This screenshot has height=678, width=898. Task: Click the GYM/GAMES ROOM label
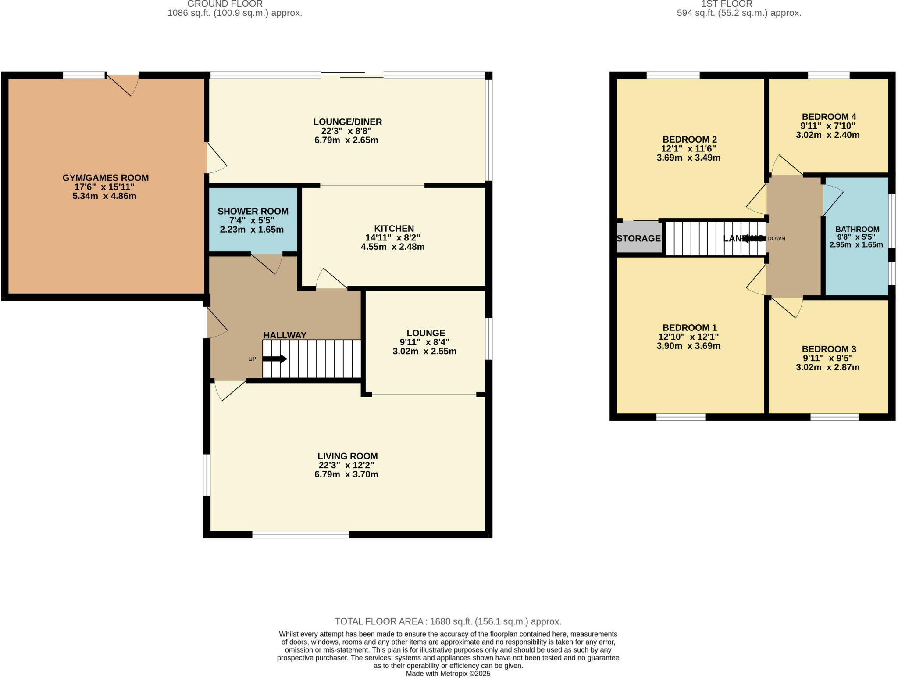(x=105, y=178)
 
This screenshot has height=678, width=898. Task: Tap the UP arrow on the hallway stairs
(x=275, y=359)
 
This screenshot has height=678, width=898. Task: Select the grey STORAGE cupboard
(x=639, y=238)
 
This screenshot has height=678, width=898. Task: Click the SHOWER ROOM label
(x=253, y=211)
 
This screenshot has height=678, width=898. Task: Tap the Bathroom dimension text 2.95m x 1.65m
(x=856, y=244)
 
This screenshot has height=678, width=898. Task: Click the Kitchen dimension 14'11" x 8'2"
(x=393, y=237)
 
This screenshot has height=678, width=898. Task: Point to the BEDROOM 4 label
(x=829, y=117)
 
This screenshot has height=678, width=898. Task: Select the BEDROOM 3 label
(x=829, y=349)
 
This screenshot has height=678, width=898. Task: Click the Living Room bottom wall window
(x=300, y=534)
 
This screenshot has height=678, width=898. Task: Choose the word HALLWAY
(x=285, y=335)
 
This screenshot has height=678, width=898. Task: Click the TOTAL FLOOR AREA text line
(x=448, y=621)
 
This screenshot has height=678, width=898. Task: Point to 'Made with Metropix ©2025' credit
(x=448, y=674)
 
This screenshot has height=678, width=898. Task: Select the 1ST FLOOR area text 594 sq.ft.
(x=739, y=13)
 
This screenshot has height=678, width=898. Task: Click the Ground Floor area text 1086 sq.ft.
(x=235, y=13)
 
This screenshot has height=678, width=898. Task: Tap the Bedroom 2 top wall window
(x=673, y=75)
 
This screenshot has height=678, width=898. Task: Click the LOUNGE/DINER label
(x=347, y=122)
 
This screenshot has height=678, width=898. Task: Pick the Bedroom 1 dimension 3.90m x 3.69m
(x=688, y=346)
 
